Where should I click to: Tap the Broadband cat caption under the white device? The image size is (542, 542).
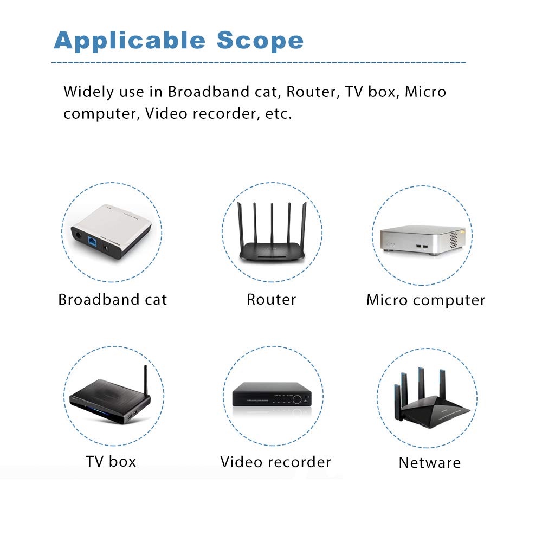pos(113,300)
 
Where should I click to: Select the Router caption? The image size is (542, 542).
pos(271,299)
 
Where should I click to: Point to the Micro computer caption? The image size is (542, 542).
pos(425,300)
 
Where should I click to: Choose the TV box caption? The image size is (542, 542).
pos(111,461)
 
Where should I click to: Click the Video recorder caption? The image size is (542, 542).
pos(275,462)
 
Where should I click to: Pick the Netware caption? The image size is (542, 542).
pos(429,463)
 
